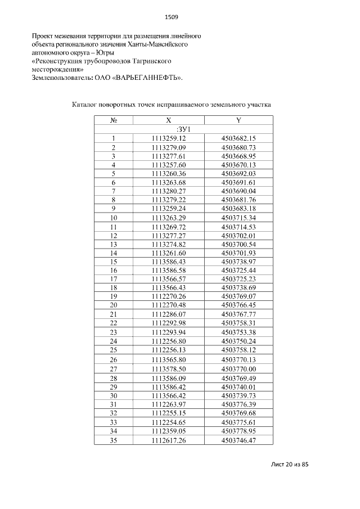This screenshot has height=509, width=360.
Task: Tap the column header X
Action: pyautogui.click(x=169, y=120)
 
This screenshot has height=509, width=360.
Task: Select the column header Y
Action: pyautogui.click(x=238, y=120)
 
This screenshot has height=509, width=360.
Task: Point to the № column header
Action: pyautogui.click(x=113, y=120)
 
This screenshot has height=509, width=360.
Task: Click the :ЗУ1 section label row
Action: pyautogui.click(x=183, y=129)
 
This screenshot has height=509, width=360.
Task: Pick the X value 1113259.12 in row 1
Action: pyautogui.click(x=169, y=138)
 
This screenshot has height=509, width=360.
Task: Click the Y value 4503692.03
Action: pyautogui.click(x=238, y=174)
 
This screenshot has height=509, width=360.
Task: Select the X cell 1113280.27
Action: pyautogui.click(x=169, y=191)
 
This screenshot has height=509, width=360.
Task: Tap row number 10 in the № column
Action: pyautogui.click(x=113, y=218)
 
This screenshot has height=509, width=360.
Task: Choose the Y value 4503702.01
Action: pyautogui.click(x=238, y=235)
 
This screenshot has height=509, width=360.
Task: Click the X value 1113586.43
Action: pyautogui.click(x=169, y=262)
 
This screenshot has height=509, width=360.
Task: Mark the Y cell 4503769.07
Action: pyautogui.click(x=238, y=296)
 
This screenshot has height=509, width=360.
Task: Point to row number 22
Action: pyautogui.click(x=113, y=323)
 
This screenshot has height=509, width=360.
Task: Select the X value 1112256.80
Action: pyautogui.click(x=169, y=341)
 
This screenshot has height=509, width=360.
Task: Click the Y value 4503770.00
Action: pyautogui.click(x=238, y=369)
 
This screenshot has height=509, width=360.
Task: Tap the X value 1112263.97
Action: pyautogui.click(x=169, y=404)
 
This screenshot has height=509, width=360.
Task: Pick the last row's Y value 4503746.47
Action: pyautogui.click(x=238, y=440)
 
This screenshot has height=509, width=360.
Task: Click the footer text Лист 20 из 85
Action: pyautogui.click(x=290, y=465)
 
